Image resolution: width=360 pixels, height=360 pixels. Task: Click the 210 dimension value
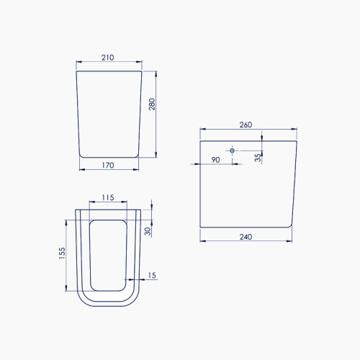107,58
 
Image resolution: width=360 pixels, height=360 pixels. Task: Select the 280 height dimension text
152,104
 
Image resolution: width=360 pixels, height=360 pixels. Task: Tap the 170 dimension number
108,166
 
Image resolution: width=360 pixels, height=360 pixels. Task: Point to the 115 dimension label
108,197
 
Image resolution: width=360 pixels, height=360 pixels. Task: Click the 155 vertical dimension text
62,253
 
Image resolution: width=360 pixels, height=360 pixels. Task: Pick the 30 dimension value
148,231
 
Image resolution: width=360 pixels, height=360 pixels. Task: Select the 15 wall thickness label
152,275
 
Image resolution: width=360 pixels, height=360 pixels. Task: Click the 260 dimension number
246,125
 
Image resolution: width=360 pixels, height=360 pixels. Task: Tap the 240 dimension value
246,237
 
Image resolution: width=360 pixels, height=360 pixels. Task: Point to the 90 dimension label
215,160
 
